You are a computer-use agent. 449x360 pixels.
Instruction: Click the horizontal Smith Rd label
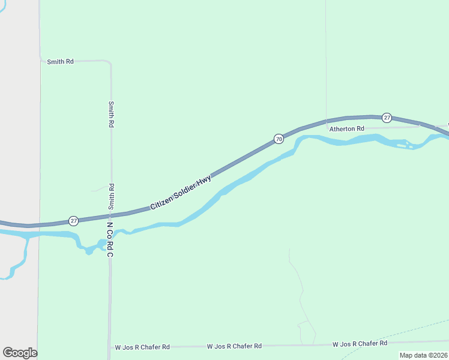tap(60, 61)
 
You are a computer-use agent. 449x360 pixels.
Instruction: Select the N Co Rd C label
tap(110, 239)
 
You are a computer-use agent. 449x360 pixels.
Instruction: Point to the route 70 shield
tap(279, 139)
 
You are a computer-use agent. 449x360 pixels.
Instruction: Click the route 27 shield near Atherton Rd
tap(387, 117)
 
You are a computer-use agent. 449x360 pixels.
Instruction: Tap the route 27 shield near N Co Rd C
tap(73, 221)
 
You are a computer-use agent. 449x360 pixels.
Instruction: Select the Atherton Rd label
tap(346, 129)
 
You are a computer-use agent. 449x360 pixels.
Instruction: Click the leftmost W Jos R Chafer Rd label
tap(142, 347)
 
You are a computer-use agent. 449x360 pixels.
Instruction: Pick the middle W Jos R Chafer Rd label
tap(234, 346)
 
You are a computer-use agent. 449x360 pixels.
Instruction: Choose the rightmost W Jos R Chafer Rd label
tap(360, 344)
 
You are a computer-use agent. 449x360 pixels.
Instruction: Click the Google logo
tap(20, 353)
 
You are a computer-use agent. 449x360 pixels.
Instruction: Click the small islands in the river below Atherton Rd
tap(404, 144)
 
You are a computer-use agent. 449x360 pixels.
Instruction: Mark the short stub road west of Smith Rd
tap(99, 189)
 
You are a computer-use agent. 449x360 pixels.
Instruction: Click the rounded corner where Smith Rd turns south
tap(109, 63)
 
